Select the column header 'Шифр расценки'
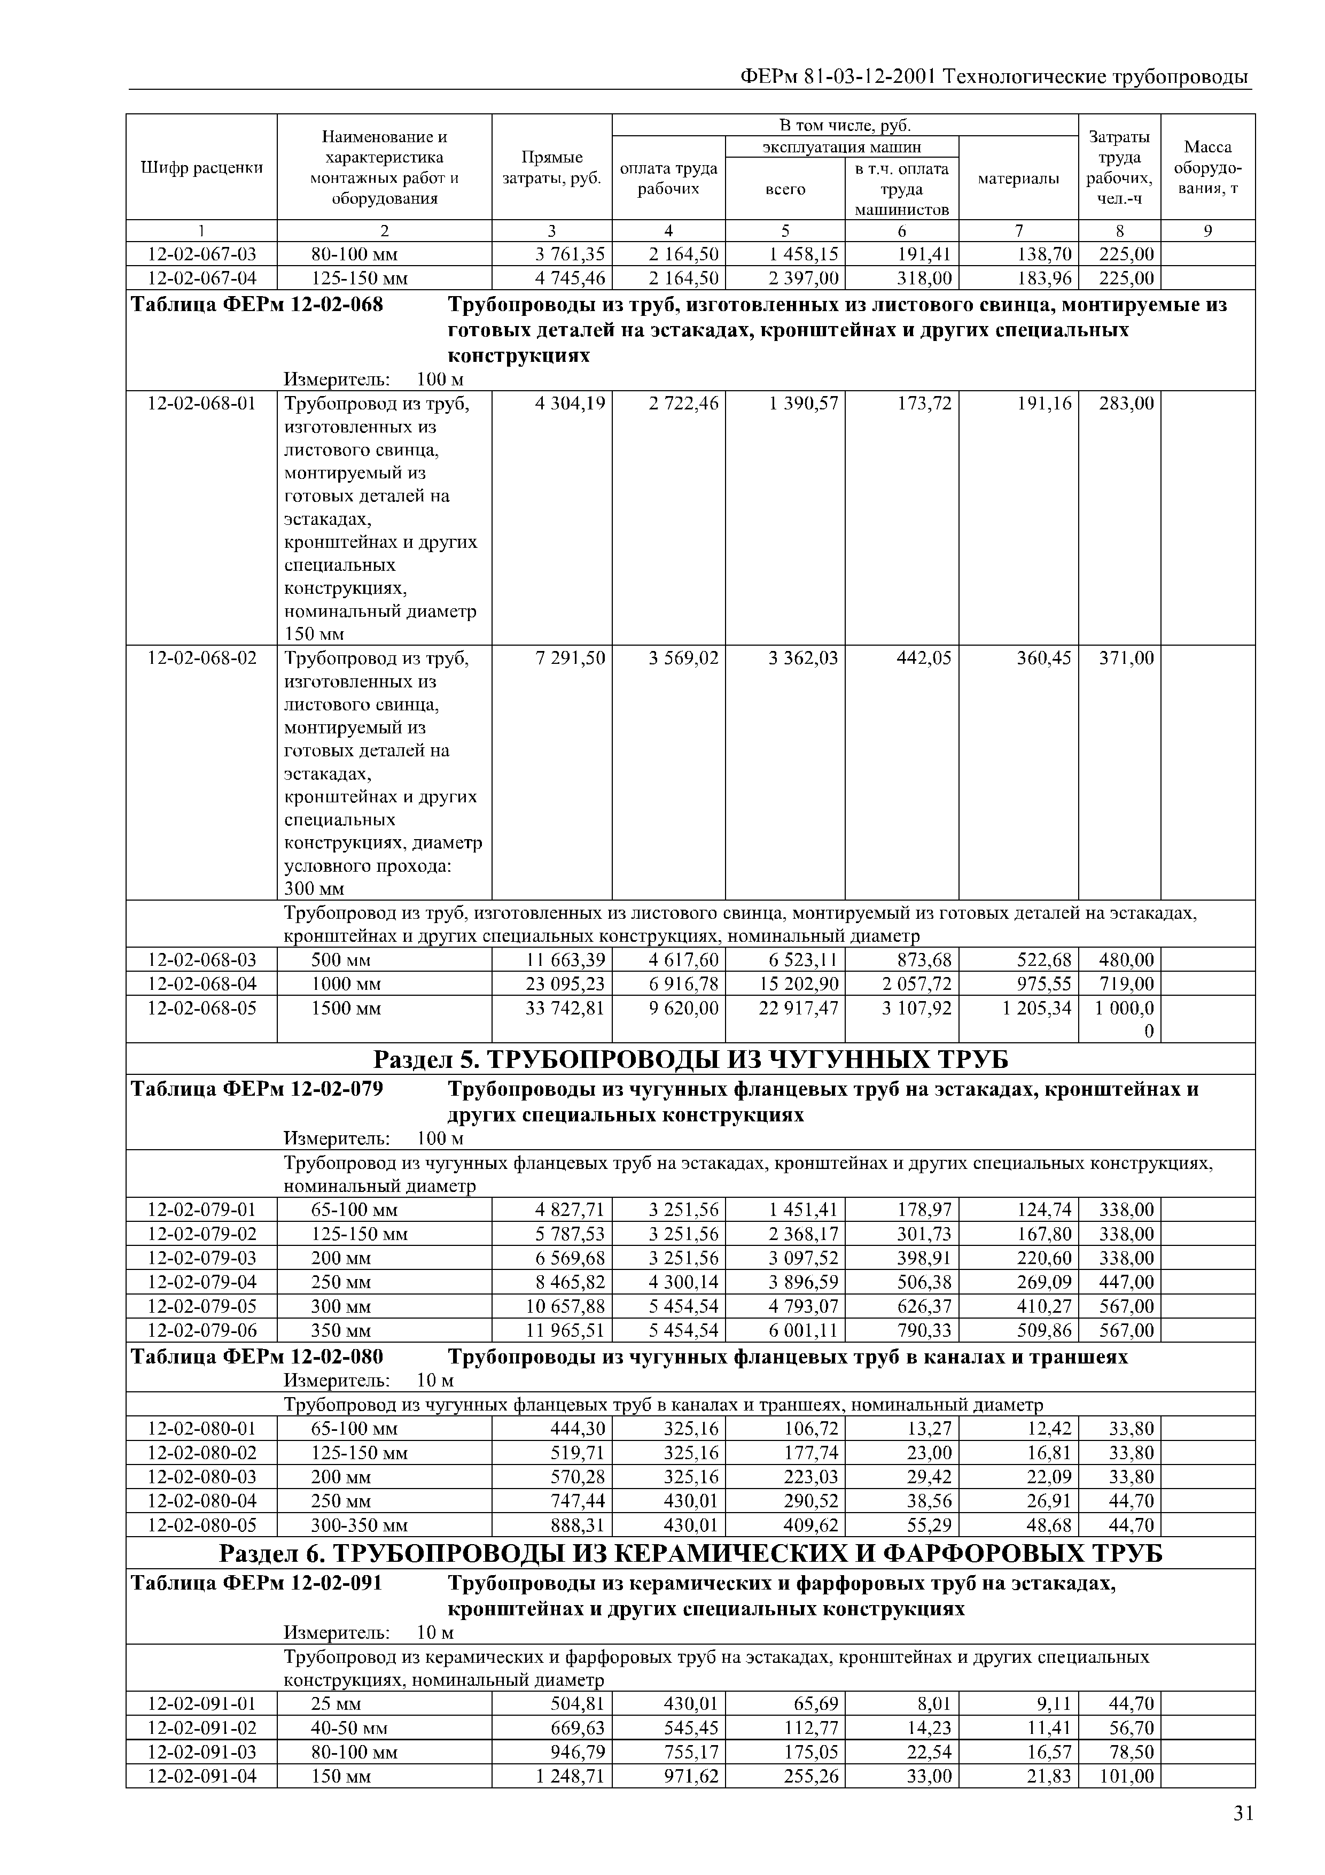201,167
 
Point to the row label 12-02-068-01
201,404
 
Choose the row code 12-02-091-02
201,1728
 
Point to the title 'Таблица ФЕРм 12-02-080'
257,1357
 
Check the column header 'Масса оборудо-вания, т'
1207,167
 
